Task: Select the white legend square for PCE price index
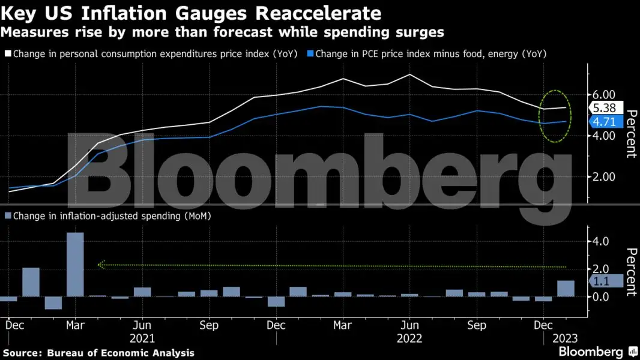tap(8, 54)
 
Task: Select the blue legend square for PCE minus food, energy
tap(310, 54)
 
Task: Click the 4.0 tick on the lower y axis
tap(600, 241)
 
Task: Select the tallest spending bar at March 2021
tap(75, 265)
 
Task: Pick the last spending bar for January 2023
tap(566, 289)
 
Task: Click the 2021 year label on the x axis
tap(142, 338)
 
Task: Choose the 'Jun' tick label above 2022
tap(409, 325)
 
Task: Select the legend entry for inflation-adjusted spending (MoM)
tap(111, 215)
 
